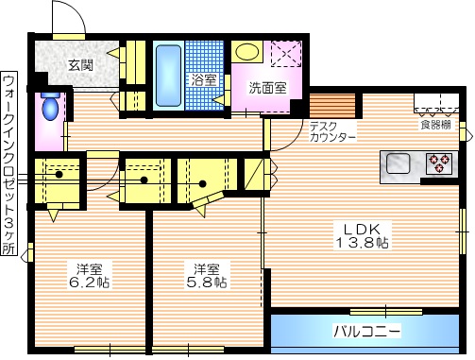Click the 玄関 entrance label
pos(80,65)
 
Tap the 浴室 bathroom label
pos(201,79)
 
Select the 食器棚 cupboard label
pos(435,123)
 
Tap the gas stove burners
pos(439,163)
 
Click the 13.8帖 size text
pos(364,243)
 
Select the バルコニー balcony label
pos(366,332)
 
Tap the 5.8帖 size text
pos(205,282)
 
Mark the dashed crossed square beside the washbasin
pos(285,55)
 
